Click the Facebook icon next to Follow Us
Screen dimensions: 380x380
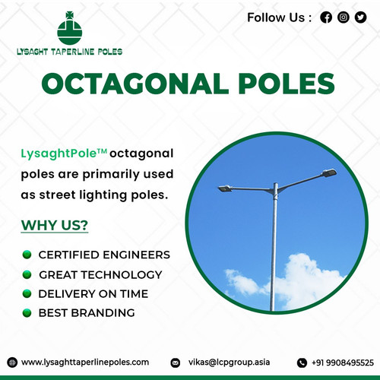(326, 17)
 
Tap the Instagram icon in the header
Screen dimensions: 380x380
(344, 17)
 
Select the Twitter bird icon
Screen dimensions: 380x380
(360, 17)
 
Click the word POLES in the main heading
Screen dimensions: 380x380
(275, 84)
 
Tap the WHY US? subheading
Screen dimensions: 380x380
(54, 226)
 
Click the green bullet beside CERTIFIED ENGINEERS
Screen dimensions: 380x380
(27, 255)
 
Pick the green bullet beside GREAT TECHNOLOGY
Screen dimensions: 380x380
(27, 274)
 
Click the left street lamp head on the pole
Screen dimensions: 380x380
(224, 188)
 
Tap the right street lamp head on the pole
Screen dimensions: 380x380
(329, 173)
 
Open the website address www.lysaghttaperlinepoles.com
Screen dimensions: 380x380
(85, 363)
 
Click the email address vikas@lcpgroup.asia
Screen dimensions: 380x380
(230, 363)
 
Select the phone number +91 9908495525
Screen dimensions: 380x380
(346, 363)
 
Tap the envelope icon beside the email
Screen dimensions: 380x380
(176, 363)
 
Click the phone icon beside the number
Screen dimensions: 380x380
(302, 363)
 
